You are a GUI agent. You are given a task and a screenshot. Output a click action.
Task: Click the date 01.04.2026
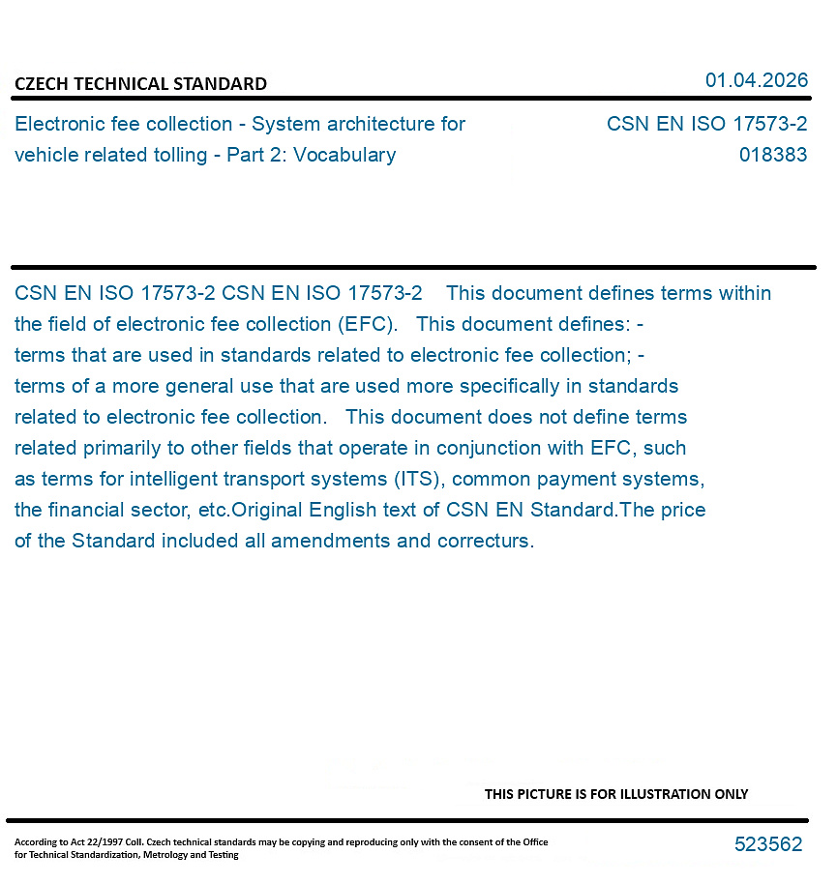(756, 80)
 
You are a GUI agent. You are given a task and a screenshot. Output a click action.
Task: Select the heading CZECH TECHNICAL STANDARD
(140, 84)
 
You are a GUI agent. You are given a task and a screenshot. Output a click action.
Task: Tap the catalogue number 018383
(772, 155)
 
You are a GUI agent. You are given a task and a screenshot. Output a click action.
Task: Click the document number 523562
(768, 844)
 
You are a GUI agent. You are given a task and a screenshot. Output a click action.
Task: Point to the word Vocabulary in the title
(344, 155)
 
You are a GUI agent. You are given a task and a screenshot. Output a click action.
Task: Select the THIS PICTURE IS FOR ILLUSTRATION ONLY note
(616, 794)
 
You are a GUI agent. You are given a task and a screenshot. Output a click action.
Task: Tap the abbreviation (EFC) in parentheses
(362, 324)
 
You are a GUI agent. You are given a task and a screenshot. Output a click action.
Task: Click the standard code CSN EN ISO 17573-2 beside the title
(706, 124)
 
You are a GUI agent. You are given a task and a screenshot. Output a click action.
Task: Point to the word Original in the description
(270, 510)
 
